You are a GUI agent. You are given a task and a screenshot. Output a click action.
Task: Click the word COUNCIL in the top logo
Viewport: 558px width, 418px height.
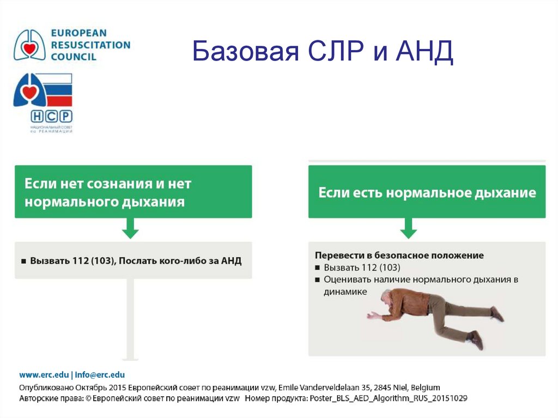(74, 56)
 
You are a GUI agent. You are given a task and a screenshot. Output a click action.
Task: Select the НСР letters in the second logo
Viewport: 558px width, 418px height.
(51, 116)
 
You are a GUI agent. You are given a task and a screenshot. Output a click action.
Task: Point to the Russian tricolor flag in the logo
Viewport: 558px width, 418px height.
(57, 89)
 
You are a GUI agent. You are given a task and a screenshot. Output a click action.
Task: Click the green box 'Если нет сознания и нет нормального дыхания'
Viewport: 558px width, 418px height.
(133, 192)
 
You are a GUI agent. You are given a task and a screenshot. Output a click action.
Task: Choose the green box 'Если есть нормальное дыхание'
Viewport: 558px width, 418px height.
(427, 192)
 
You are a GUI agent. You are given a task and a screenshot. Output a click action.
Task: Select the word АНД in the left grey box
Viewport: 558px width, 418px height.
(231, 261)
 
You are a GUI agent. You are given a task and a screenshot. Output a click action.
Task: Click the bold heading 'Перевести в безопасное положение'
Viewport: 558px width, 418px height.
(399, 255)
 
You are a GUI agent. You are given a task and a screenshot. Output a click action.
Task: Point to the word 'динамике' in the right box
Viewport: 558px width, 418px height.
(345, 292)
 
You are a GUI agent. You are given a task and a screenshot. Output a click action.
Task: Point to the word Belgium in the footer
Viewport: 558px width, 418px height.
(426, 387)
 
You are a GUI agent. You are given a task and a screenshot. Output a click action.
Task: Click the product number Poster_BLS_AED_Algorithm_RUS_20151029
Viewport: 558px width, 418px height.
(387, 398)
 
